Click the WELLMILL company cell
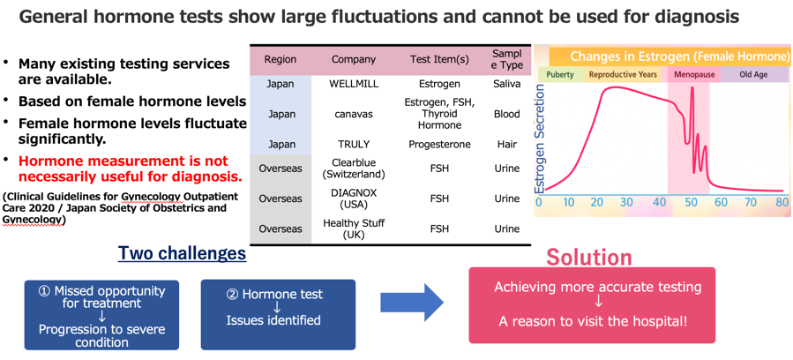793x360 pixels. click(x=353, y=84)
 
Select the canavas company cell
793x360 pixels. click(x=353, y=114)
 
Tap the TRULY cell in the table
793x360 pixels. click(x=353, y=144)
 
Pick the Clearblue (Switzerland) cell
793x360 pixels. click(x=353, y=169)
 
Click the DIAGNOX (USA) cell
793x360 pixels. click(x=353, y=199)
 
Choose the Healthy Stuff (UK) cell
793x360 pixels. click(x=353, y=229)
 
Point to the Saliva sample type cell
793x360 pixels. click(x=507, y=84)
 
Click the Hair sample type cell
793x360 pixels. click(x=507, y=144)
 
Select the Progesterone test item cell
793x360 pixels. click(x=439, y=144)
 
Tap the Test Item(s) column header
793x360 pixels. click(x=439, y=59)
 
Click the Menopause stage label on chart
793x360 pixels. click(x=694, y=75)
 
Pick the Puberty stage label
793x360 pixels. click(x=560, y=75)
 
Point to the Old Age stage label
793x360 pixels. click(x=753, y=75)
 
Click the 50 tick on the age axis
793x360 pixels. click(x=691, y=202)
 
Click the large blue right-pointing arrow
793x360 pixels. click(x=412, y=303)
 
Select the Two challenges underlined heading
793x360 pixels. click(x=182, y=254)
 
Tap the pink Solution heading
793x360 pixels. click(x=589, y=258)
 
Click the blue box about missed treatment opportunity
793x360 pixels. click(x=101, y=315)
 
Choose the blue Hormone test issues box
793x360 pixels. click(x=278, y=315)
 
